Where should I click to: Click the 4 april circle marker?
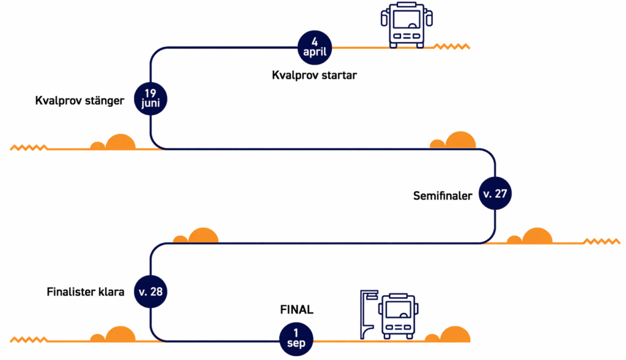tap(315, 47)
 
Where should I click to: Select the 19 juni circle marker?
tap(150, 97)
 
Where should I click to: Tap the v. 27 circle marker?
tap(495, 194)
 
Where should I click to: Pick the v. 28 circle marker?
tap(150, 292)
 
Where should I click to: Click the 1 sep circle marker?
tap(296, 338)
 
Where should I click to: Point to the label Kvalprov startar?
tap(314, 76)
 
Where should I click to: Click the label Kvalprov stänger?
tap(80, 100)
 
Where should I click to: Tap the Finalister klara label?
tap(86, 292)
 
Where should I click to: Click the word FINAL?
tap(296, 310)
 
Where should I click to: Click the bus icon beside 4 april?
tap(402, 25)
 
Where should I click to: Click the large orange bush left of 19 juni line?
tap(120, 141)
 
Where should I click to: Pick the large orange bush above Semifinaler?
tap(460, 141)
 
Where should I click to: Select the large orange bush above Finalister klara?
tap(203, 236)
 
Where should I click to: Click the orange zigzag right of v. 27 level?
tap(602, 241)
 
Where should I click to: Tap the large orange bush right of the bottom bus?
tap(455, 335)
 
